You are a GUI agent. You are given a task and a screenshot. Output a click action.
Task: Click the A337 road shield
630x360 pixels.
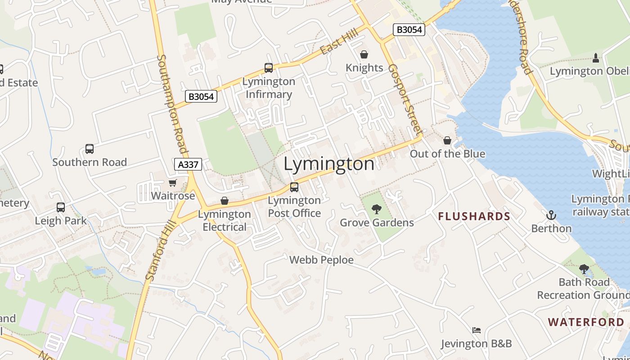coord(188,164)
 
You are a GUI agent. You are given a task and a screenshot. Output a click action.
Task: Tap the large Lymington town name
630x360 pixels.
coord(329,164)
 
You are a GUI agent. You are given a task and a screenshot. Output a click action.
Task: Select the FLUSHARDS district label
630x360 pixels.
coord(474,216)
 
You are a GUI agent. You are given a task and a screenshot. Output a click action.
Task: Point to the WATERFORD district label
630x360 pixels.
coord(586,322)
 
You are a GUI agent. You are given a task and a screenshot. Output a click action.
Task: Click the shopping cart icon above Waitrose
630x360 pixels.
coord(172,183)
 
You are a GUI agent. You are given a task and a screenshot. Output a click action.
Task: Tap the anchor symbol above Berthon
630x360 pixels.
coord(551,215)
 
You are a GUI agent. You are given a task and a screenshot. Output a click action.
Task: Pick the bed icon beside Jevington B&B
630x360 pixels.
coord(477,330)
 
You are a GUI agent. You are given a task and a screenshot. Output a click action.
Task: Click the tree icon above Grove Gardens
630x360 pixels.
coord(377,209)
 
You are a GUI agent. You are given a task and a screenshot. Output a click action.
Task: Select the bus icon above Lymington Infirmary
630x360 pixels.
coord(269,68)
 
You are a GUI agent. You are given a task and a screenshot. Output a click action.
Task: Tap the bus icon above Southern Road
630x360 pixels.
coord(90,149)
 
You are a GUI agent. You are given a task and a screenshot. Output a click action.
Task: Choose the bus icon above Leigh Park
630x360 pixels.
coord(61,207)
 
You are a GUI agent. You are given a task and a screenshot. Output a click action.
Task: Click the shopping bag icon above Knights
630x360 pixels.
coord(364,54)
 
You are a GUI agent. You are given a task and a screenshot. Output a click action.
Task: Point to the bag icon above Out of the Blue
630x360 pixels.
coord(447,140)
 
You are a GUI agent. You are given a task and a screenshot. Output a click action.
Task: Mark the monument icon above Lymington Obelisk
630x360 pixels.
coord(596,58)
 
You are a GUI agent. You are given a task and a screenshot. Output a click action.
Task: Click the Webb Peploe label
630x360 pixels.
coord(321,260)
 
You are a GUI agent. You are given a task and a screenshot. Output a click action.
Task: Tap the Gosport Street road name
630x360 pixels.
coord(405,100)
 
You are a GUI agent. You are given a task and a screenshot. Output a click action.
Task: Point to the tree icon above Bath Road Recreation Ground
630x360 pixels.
coord(584,269)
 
